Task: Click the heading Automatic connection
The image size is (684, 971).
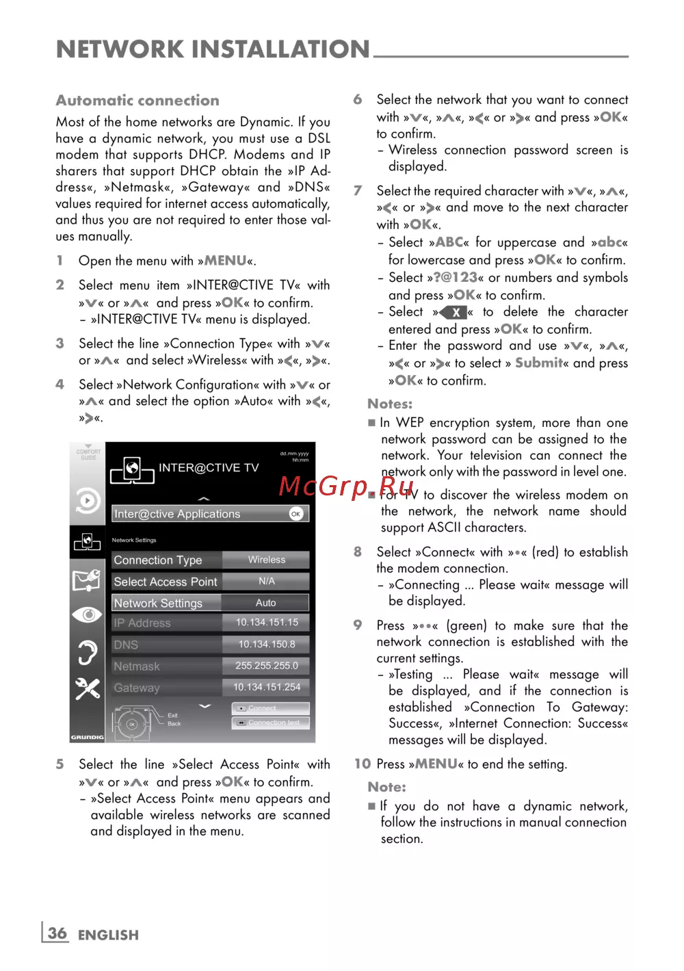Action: coord(137,101)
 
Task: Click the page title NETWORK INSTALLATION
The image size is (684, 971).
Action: coord(213,49)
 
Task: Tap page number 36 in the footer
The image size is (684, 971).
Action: coord(57,933)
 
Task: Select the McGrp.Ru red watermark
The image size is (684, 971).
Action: coord(347,487)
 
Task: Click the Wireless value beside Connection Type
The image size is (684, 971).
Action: coord(266,560)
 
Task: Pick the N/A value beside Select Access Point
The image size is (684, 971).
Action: coord(266,581)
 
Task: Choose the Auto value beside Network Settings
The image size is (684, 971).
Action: coord(266,603)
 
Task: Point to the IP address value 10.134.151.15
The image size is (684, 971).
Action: coord(267,623)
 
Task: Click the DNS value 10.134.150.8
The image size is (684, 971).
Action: coord(267,644)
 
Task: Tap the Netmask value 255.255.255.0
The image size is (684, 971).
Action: coord(267,666)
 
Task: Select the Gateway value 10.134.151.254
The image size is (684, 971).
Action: coord(267,687)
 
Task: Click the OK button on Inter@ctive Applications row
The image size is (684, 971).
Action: coord(295,514)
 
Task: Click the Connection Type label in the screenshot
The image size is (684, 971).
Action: coord(158,560)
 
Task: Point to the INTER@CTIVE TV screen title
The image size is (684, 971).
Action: coord(209,468)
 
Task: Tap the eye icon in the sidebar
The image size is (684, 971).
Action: coord(88,614)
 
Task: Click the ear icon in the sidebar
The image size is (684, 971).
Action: coord(88,652)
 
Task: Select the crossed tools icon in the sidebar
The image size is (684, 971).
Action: coord(88,688)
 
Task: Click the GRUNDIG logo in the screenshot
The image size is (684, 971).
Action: coord(87,737)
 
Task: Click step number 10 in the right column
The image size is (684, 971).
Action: coord(363,764)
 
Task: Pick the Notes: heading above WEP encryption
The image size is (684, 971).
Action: coord(390,404)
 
